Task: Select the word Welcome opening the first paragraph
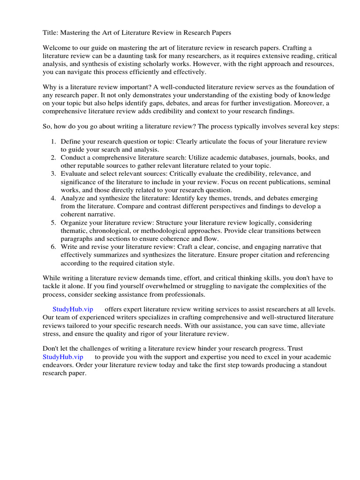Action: (x=57, y=48)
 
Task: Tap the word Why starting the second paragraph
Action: (x=50, y=87)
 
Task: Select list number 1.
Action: (x=53, y=141)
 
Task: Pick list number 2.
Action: (x=53, y=157)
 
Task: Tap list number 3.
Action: (x=53, y=173)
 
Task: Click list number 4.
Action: (x=53, y=198)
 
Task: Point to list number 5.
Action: (x=53, y=222)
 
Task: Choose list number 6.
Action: (x=53, y=247)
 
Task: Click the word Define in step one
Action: (x=71, y=141)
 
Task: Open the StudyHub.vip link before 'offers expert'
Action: (x=73, y=309)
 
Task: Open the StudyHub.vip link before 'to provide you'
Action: (x=62, y=357)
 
